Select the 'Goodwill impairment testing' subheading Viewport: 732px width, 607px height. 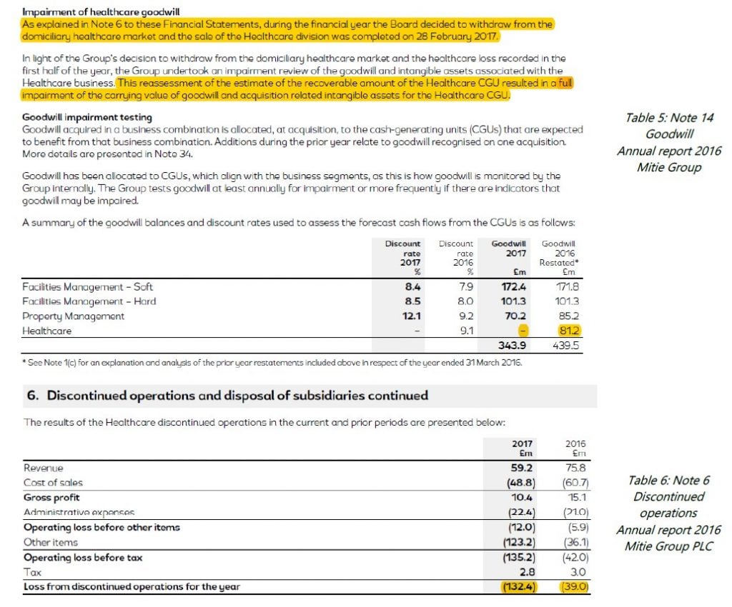(x=86, y=117)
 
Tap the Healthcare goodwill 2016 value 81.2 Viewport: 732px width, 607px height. (x=570, y=331)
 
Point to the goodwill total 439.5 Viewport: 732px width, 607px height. (x=565, y=346)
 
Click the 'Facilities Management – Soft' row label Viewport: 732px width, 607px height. (x=88, y=287)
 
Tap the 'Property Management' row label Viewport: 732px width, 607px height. (x=74, y=316)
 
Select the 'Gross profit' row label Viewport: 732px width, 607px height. (x=51, y=497)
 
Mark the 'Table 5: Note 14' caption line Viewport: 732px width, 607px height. (x=669, y=118)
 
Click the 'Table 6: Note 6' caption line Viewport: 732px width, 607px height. (x=668, y=481)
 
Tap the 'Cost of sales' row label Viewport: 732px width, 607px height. (x=53, y=483)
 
